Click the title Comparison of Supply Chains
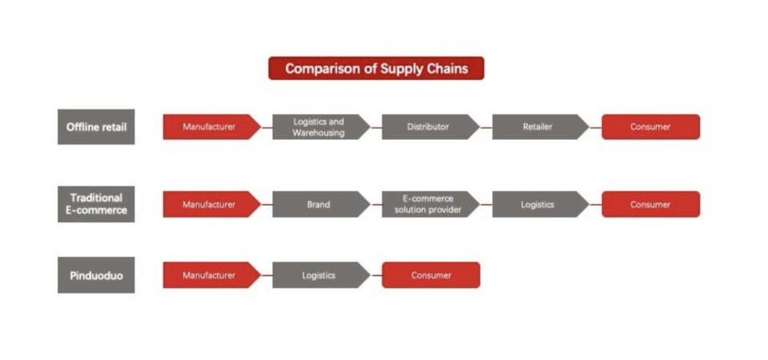tap(376, 68)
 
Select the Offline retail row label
tap(96, 127)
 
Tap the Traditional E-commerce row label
tap(96, 204)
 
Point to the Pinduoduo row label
tap(96, 275)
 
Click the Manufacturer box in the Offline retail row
tap(211, 127)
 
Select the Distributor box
tap(430, 127)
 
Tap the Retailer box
tap(541, 127)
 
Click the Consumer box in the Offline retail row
tap(651, 127)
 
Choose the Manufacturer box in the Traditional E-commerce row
tap(211, 204)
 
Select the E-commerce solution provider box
tap(430, 204)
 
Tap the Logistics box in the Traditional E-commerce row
tap(541, 204)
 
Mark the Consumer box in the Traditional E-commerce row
tap(651, 204)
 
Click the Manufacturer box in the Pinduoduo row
tap(211, 275)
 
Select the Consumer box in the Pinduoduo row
tap(431, 275)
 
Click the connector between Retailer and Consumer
tap(596, 127)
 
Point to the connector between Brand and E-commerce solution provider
tap(377, 205)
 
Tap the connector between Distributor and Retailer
tap(486, 127)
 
